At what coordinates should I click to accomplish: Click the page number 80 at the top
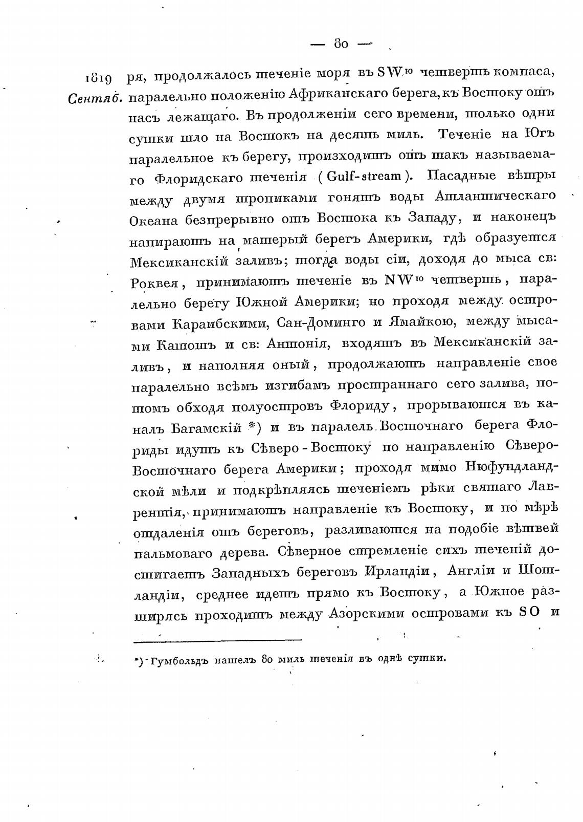[x=341, y=44]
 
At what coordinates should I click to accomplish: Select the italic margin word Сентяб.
[x=95, y=98]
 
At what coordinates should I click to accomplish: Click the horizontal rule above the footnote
[x=217, y=639]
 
